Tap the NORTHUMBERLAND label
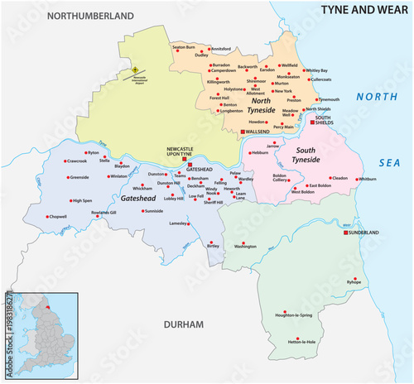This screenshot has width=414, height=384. point(90,16)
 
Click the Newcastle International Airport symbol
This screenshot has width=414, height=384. point(135,70)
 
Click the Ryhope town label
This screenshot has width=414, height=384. point(354,284)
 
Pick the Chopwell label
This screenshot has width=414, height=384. point(58,217)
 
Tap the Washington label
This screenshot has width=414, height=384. point(245,247)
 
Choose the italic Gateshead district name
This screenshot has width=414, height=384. point(137,200)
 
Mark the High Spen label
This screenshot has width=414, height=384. point(82,200)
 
